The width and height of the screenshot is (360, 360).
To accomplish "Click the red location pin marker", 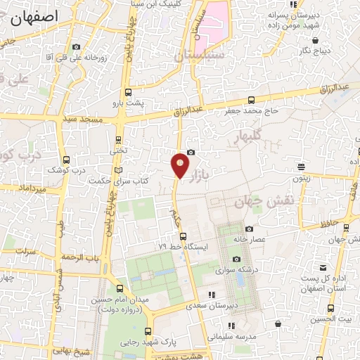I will (181, 165).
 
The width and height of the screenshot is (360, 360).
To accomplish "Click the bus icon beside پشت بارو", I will (127, 92).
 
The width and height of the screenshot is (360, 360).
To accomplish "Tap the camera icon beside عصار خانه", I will (249, 229).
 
